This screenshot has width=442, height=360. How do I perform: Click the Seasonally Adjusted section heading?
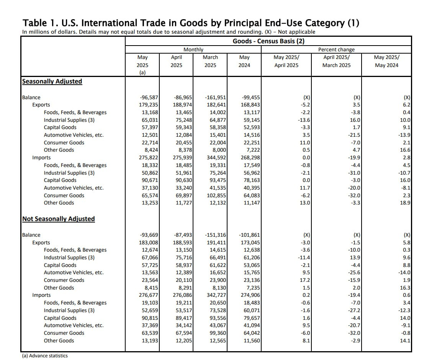[52, 81]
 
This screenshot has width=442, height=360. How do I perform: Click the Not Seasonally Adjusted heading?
[59, 219]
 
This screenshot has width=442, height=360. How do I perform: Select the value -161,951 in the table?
[215, 97]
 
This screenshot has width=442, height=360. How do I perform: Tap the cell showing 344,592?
[215, 157]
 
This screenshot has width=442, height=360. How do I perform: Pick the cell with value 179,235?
[148, 105]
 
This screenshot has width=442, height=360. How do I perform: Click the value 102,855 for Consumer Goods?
[215, 195]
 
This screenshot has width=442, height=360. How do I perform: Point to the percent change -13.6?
[303, 120]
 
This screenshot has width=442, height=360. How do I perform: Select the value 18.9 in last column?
[405, 203]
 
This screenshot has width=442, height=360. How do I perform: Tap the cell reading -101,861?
[249, 235]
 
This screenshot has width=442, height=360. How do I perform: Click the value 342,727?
[215, 295]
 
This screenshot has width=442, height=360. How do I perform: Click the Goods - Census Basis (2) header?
[268, 41]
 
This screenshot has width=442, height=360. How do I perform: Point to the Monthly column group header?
[193, 49]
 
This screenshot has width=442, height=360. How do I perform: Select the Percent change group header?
[336, 49]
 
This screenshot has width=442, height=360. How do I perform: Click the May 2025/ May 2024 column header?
[386, 61]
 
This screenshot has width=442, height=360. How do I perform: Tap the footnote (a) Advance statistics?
[45, 355]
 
